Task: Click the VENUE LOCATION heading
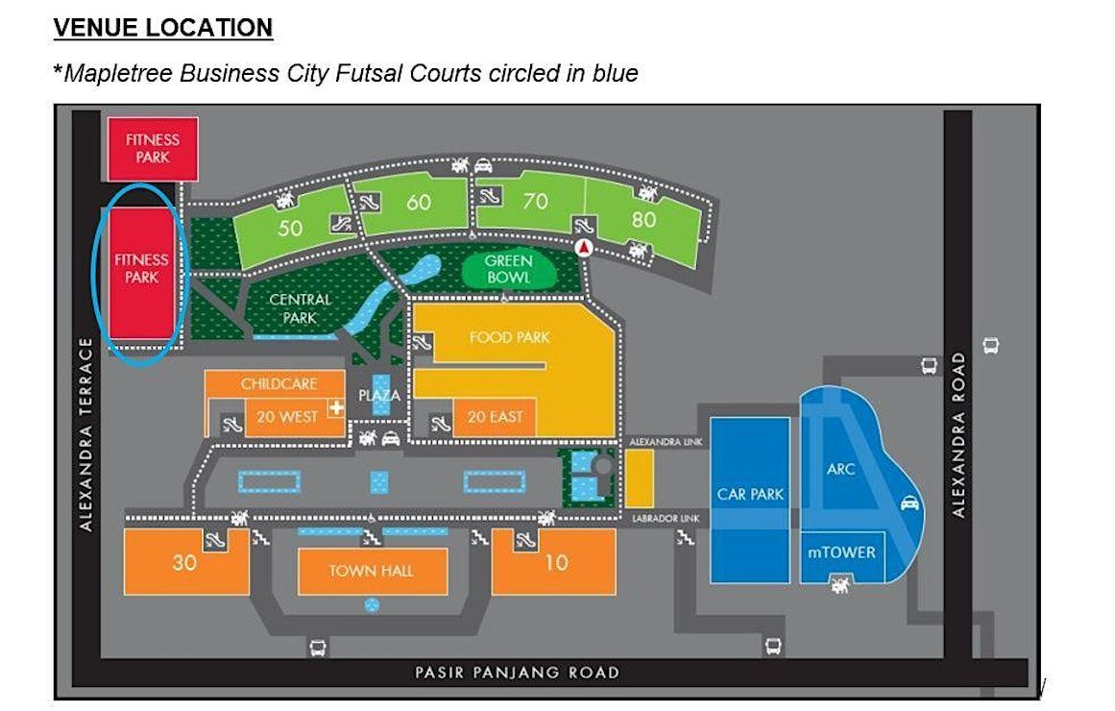pos(163,28)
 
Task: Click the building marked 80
pos(643,221)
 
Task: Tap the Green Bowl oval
pos(508,269)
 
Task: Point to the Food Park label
pos(510,337)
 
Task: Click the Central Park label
pos(300,308)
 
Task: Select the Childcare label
pos(279,383)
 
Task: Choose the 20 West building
pos(287,417)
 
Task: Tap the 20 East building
pos(495,417)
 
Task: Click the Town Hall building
pos(373,571)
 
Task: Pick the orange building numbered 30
pos(185,561)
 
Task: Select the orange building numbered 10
pos(554,561)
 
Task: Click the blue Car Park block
pos(750,500)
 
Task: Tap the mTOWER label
pos(842,552)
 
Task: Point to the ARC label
pos(840,469)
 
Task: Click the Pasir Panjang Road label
pos(517,673)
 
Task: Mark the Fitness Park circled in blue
pos(141,273)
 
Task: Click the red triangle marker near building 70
pos(584,248)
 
